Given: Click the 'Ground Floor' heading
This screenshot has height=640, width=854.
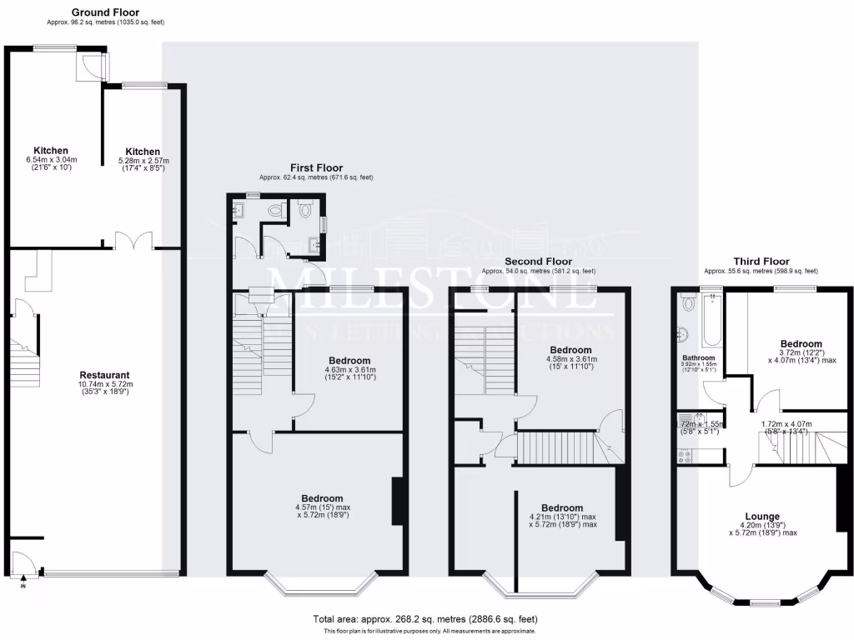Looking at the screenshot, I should tap(105, 12).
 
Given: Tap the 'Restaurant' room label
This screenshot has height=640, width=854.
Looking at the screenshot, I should tap(104, 375).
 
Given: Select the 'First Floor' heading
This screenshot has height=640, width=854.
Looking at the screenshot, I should tap(316, 167).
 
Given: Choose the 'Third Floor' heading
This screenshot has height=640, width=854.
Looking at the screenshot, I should tap(761, 262).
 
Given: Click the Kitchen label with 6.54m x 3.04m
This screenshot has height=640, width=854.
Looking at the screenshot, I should tap(51, 151).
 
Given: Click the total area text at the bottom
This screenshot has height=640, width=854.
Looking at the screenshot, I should tap(425, 619).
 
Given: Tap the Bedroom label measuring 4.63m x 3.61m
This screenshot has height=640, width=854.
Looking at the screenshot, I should tap(349, 361).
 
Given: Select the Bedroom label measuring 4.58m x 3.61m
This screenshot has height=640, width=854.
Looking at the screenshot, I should tap(570, 350).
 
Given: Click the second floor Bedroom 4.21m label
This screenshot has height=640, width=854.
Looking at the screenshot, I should tap(561, 507).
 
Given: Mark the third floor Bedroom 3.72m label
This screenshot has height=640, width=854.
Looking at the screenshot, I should tap(801, 343).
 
